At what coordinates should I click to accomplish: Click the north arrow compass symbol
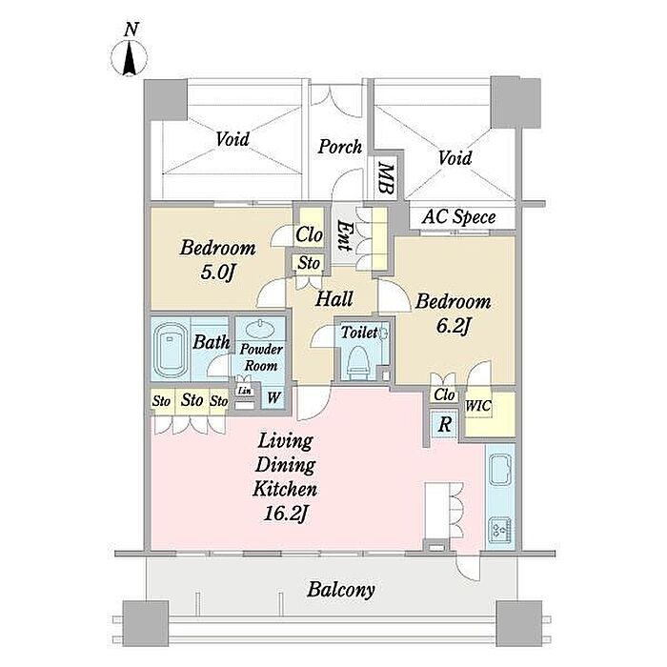click(130, 57)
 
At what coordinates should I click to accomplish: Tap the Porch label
click(340, 147)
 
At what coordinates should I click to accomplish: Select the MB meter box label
click(386, 178)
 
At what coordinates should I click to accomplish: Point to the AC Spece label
click(458, 217)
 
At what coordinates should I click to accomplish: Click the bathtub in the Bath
click(170, 350)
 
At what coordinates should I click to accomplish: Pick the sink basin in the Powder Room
click(260, 330)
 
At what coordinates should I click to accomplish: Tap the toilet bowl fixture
click(356, 362)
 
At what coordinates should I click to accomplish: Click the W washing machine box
click(273, 397)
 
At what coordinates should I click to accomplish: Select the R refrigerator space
click(444, 424)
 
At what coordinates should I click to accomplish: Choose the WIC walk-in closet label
click(478, 406)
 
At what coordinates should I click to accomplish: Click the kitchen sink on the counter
click(500, 470)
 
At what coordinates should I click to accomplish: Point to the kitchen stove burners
click(500, 529)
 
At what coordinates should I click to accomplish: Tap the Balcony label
click(341, 590)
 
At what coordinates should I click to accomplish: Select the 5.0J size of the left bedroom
click(218, 273)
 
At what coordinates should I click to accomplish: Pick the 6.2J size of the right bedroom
click(453, 326)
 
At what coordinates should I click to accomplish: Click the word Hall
click(334, 298)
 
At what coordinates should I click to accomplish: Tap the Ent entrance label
click(343, 234)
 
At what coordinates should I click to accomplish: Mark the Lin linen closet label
click(244, 390)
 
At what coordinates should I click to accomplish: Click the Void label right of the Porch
click(455, 158)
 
